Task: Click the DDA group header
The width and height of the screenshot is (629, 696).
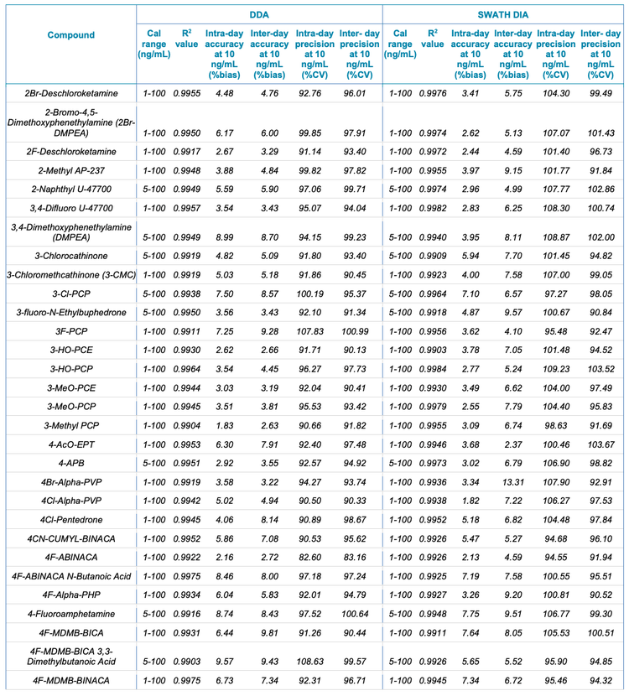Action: coord(257,14)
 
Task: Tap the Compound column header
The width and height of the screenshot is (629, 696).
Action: coord(70,35)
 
